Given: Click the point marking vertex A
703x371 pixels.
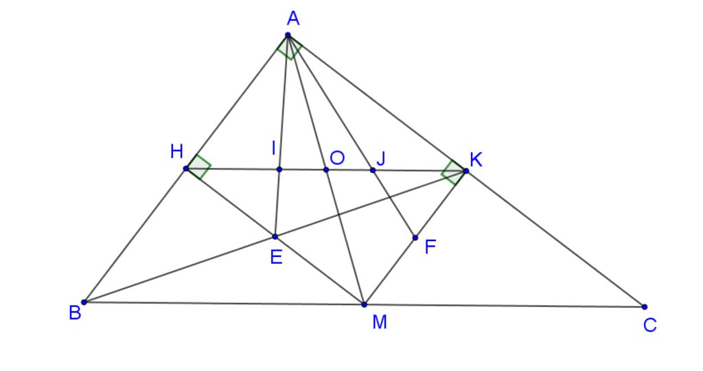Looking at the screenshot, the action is [288, 35].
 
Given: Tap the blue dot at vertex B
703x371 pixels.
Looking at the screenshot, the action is [84, 302].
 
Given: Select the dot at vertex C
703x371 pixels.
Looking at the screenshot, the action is [644, 307].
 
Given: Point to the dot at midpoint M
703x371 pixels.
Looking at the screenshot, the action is [364, 304].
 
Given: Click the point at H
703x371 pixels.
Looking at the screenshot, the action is [186, 169].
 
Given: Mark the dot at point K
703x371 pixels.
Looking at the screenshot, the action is [466, 171].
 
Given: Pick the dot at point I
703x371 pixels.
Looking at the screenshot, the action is [279, 169].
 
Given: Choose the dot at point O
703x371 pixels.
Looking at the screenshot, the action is [326, 170].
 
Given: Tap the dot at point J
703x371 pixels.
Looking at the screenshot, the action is [373, 170].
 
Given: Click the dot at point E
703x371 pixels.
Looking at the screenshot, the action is [275, 236].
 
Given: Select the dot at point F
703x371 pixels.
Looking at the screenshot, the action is [415, 238].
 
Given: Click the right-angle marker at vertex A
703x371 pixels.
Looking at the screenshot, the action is [290, 48].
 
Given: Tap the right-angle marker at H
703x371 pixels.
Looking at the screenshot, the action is [198, 167].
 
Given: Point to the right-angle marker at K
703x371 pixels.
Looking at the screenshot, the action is [453, 172].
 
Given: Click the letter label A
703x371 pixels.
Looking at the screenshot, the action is [293, 19].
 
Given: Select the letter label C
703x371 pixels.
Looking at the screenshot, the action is [649, 325].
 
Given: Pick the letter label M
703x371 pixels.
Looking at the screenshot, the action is [380, 322].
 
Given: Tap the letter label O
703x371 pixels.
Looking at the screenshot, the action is [337, 158].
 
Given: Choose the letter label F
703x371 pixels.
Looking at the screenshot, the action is [430, 247].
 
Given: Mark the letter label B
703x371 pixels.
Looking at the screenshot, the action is [75, 313].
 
